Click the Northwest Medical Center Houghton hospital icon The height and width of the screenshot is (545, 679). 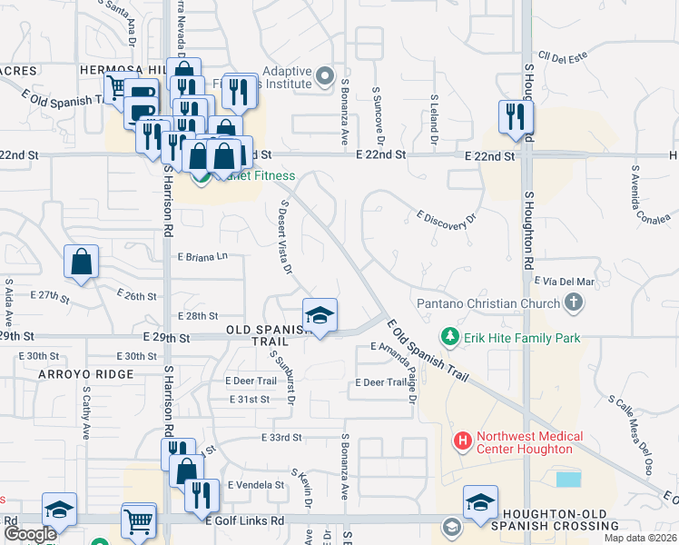point(463,442)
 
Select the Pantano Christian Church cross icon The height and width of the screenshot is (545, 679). point(573,302)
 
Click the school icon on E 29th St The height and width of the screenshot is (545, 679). point(320,316)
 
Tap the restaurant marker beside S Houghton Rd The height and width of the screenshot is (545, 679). point(514,118)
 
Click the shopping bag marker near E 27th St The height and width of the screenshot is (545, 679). point(82,263)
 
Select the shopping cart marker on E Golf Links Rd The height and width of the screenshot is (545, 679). point(139,521)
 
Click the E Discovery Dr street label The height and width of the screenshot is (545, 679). point(446,219)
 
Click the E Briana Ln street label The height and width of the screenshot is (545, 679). point(202,257)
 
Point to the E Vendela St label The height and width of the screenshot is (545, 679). point(256,485)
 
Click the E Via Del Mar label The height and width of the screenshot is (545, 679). point(565,282)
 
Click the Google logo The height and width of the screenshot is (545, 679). point(30,534)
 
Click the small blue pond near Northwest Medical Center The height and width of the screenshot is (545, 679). point(569,479)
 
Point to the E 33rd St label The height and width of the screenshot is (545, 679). point(280,438)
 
